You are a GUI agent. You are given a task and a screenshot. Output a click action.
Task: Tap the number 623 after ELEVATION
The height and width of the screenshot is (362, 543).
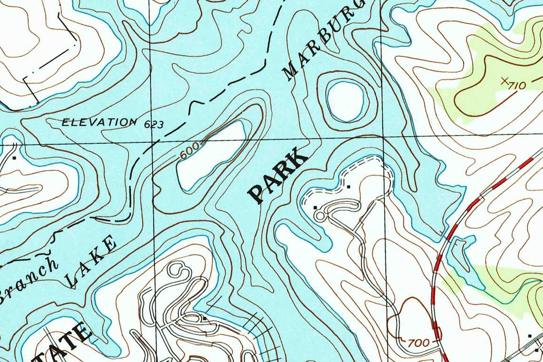point(154,125)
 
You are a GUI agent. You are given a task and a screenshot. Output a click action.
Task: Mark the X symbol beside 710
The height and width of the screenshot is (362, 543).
point(504,81)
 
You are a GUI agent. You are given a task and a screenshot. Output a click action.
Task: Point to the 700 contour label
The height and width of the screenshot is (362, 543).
point(419,342)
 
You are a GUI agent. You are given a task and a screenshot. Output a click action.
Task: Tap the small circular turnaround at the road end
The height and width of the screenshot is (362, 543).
point(320,216)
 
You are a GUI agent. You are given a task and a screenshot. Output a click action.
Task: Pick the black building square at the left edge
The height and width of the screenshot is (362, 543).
point(14,158)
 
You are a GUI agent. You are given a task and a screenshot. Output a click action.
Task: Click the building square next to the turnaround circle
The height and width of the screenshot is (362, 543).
point(315,207)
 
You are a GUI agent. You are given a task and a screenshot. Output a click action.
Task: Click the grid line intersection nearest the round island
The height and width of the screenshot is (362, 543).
point(382,136)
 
